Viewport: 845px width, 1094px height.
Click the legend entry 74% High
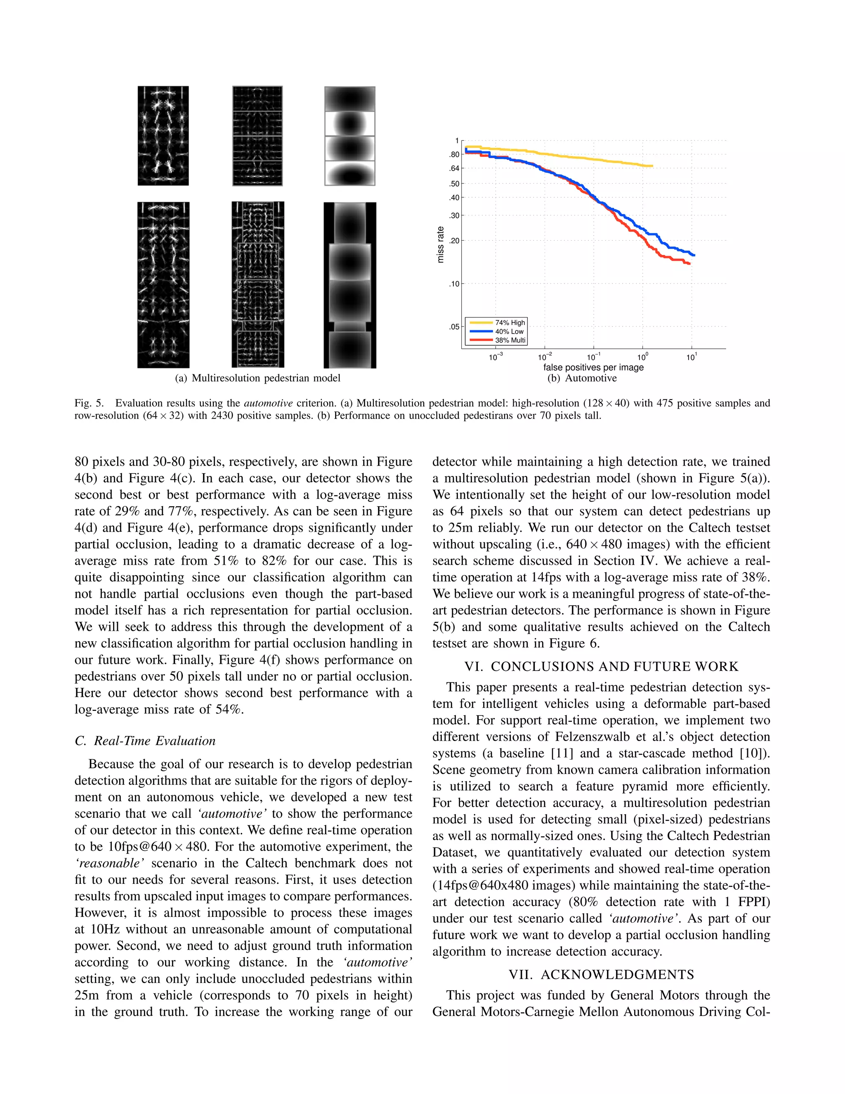510,322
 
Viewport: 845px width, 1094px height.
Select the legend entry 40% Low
509,331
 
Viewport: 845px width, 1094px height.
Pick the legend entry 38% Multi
510,340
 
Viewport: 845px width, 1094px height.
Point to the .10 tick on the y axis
454,284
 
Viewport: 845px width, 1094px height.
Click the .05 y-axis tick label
454,327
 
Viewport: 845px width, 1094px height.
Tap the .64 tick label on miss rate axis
454,168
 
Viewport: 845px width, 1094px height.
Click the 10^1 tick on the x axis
692,357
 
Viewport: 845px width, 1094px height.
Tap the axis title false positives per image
593,367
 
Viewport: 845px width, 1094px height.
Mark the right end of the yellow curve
652,166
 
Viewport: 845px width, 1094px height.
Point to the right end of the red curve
690,263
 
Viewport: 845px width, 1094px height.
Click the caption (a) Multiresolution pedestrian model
257,378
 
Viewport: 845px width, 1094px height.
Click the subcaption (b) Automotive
582,378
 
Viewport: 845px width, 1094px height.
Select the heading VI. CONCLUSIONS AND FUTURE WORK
601,666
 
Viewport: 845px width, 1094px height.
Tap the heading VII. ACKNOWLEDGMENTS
601,974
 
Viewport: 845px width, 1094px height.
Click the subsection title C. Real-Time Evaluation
145,741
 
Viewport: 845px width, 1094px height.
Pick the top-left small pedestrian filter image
163,136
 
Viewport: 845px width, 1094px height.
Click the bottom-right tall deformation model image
350,285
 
